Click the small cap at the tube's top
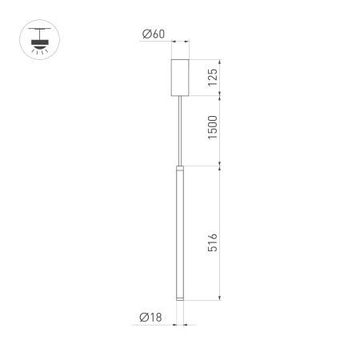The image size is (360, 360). (x=179, y=169)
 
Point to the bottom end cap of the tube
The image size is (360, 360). (x=179, y=299)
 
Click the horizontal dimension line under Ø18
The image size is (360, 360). (x=179, y=325)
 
